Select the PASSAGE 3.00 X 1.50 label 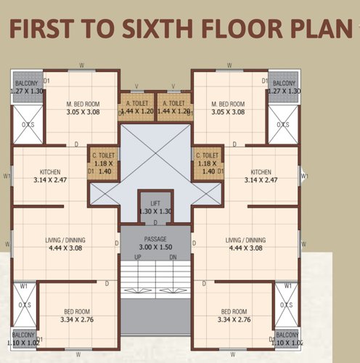tap(155, 243)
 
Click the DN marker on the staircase tap(172, 258)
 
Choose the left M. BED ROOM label tap(82, 107)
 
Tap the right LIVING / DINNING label tap(245, 244)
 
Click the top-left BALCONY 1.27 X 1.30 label tap(27, 88)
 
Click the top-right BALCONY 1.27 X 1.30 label tap(284, 88)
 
